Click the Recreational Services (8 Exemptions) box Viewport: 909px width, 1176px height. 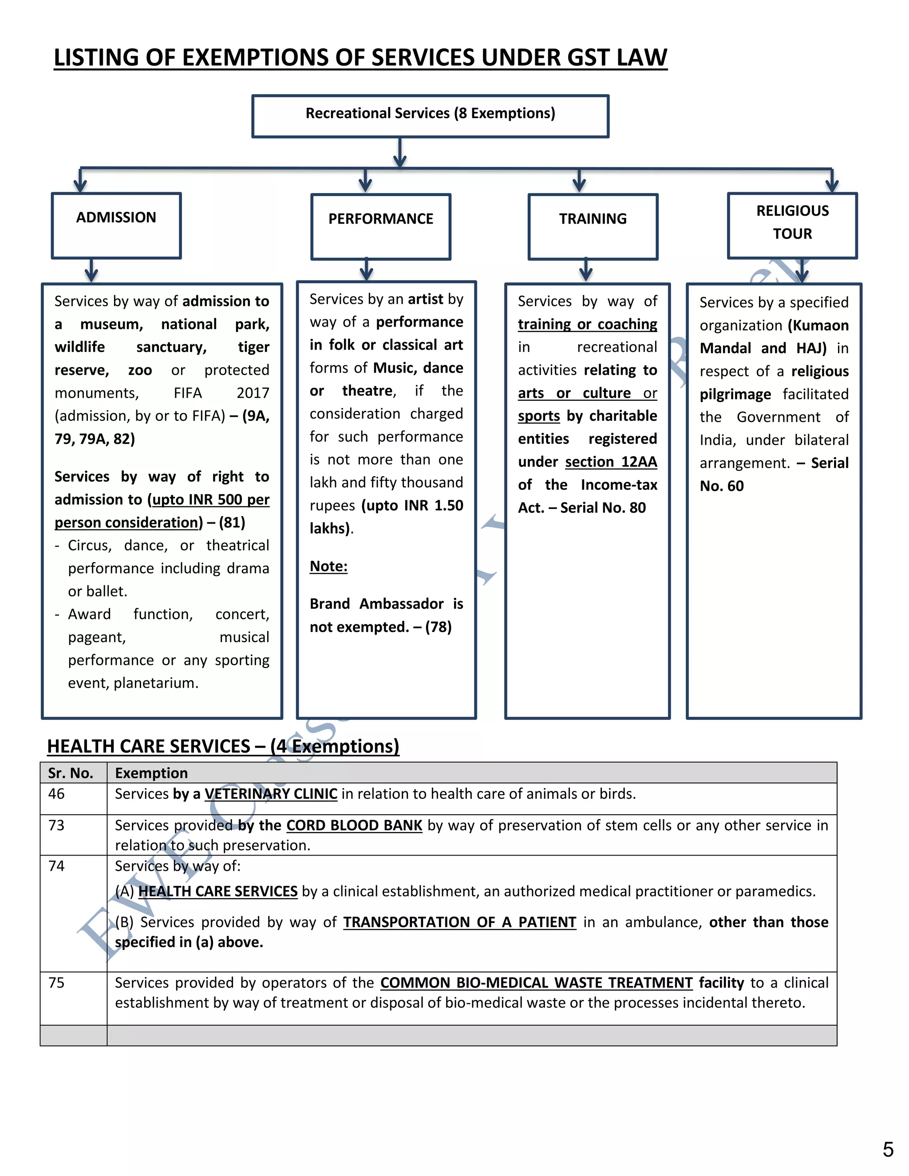tap(430, 116)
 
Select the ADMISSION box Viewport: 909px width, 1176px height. tap(116, 225)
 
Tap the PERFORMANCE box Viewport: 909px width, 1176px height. tap(380, 226)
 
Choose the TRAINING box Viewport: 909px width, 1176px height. tap(593, 226)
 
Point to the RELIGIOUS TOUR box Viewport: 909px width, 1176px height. tap(792, 225)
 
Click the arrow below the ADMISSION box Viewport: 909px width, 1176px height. tap(91, 271)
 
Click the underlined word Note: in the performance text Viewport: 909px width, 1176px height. tap(328, 566)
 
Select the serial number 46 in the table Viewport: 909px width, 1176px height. tap(56, 794)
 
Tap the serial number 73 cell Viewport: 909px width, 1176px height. tap(56, 825)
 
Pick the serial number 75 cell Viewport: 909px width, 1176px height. tap(56, 983)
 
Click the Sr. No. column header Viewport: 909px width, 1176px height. tap(71, 773)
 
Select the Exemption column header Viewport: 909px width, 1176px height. tap(151, 773)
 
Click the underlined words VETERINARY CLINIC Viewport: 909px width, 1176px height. tap(271, 794)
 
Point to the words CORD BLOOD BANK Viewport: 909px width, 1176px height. tap(354, 825)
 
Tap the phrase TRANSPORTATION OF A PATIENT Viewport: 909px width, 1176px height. tap(459, 923)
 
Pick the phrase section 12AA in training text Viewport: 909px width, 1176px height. tap(611, 462)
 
